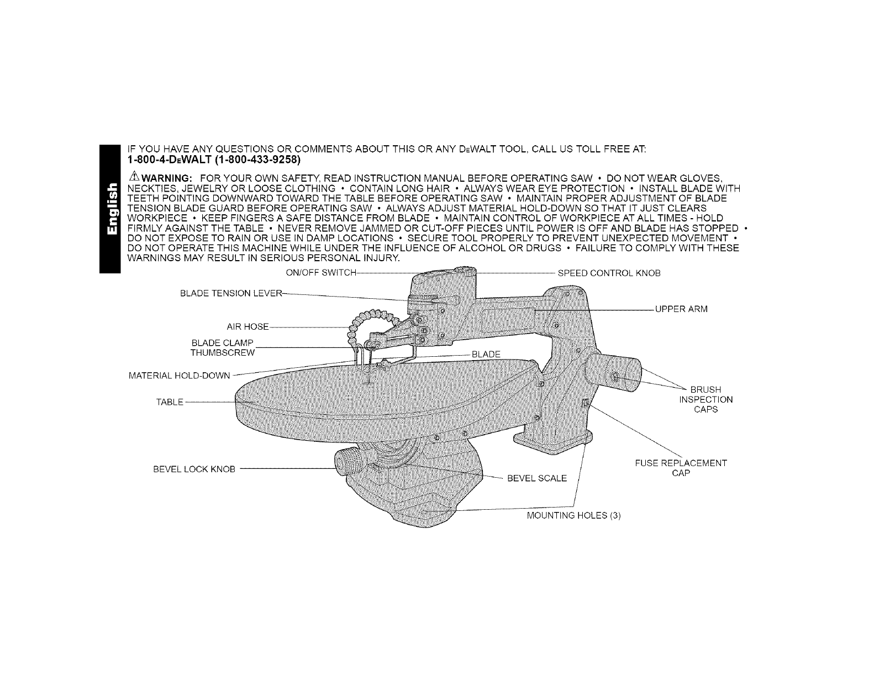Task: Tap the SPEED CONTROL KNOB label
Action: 609,273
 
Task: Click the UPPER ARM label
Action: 681,309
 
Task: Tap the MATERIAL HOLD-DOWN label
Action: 178,376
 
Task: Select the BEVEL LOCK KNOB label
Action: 194,469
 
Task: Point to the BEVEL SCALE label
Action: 537,478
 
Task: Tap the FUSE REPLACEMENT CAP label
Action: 681,468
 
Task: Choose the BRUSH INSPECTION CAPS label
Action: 705,399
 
